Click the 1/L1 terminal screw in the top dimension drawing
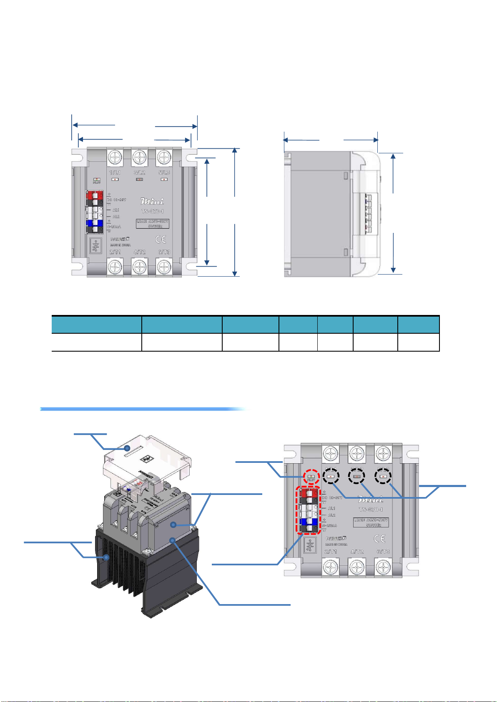click(x=115, y=158)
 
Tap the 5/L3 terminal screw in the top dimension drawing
click(x=164, y=158)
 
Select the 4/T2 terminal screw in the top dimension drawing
click(x=139, y=266)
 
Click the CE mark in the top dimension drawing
click(x=161, y=239)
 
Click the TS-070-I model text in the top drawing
click(x=152, y=211)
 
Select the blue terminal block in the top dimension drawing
click(x=94, y=223)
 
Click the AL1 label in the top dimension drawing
click(x=115, y=210)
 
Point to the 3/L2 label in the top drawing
click(x=139, y=172)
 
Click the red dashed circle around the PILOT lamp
click(x=311, y=477)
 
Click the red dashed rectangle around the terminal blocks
click(x=309, y=510)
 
